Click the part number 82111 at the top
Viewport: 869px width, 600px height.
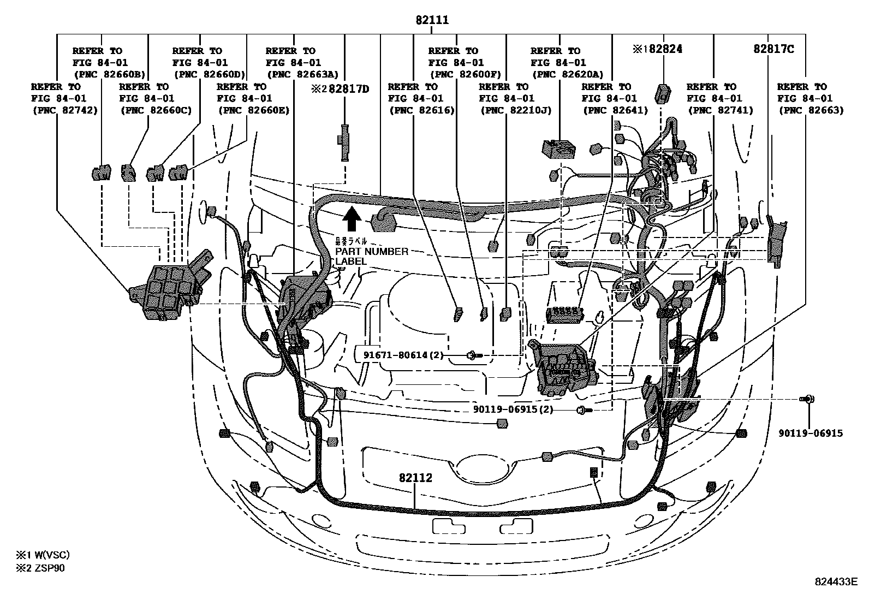(x=431, y=20)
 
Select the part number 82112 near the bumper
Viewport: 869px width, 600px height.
(x=415, y=478)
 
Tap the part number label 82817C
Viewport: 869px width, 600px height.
(x=773, y=49)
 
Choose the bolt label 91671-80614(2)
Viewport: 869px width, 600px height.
(x=403, y=355)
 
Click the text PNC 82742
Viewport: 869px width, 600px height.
(x=64, y=110)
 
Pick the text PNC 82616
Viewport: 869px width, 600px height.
(x=421, y=110)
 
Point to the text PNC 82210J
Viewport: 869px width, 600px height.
(x=516, y=110)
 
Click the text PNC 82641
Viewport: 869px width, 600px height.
(x=615, y=110)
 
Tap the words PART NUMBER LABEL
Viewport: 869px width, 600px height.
(x=371, y=256)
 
